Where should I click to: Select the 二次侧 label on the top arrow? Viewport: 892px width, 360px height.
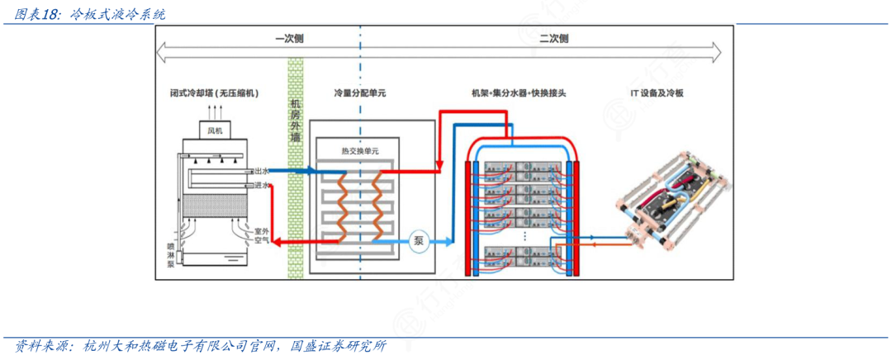point(554,38)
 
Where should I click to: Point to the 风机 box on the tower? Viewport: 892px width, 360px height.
point(215,130)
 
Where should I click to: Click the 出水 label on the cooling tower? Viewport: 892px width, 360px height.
point(263,171)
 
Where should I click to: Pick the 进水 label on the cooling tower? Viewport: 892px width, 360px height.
point(263,186)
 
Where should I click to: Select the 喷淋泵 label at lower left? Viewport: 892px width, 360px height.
point(170,253)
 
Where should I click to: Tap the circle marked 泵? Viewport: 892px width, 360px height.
point(419,241)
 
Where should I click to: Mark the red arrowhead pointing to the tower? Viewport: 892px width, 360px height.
point(278,241)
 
